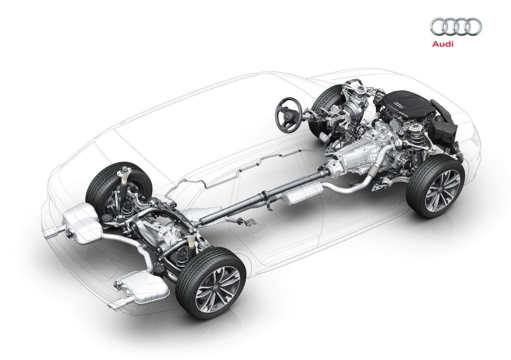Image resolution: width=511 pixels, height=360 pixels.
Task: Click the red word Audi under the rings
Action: click(442, 43)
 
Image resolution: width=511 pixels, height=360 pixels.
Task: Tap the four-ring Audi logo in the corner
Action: click(456, 27)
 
